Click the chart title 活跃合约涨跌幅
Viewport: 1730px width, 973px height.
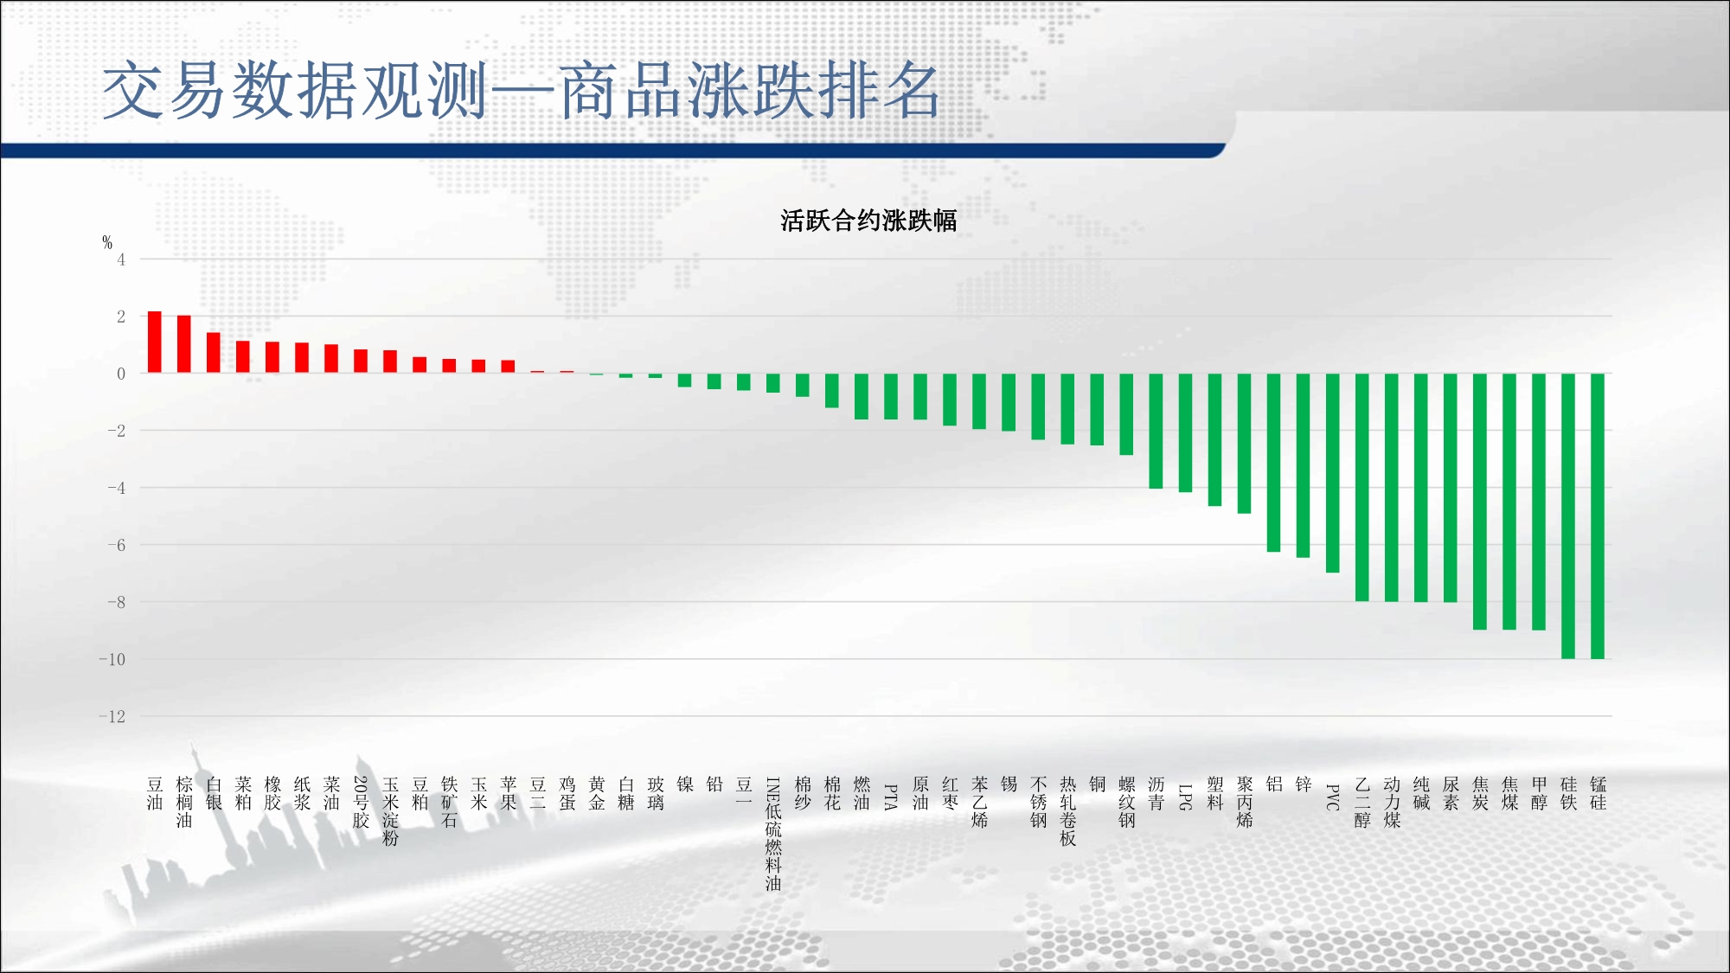(x=868, y=221)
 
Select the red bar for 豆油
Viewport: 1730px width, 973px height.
(x=155, y=342)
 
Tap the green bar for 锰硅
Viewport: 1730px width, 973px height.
(x=1598, y=516)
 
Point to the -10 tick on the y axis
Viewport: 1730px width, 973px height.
(x=112, y=659)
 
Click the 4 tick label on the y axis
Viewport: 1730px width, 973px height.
(x=121, y=259)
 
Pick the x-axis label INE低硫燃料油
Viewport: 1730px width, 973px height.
(x=773, y=834)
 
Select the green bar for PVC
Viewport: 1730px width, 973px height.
(x=1333, y=473)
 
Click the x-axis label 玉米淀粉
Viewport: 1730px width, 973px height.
(x=390, y=811)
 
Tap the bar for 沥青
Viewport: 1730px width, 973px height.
(x=1156, y=431)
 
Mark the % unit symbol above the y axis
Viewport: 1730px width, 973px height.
(x=107, y=242)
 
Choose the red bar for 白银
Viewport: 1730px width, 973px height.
(x=214, y=353)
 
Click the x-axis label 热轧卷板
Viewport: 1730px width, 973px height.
(x=1068, y=811)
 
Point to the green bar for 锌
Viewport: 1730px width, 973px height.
(x=1304, y=465)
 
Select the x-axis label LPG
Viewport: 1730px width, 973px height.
(x=1186, y=797)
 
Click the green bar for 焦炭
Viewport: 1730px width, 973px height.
(x=1480, y=502)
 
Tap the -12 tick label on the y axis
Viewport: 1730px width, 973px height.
(x=112, y=716)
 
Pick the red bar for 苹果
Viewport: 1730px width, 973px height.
(x=509, y=367)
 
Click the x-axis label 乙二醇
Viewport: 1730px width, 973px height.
(x=1362, y=803)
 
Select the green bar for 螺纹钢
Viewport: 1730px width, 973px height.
(x=1126, y=414)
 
